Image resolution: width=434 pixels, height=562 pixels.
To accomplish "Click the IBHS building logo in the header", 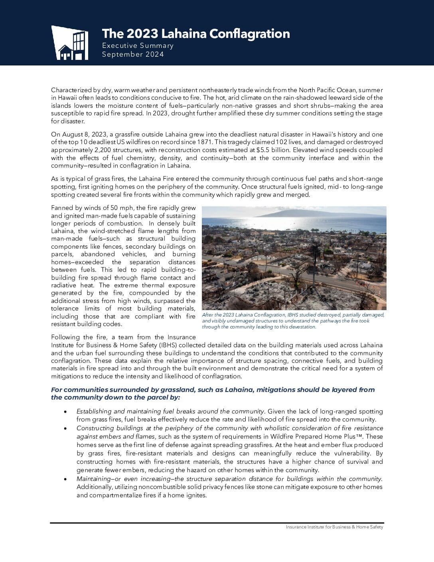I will [x=70, y=43].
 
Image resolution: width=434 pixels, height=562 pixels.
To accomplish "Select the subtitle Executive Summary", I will [x=138, y=46].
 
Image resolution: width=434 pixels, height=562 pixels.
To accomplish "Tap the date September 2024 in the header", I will [x=133, y=54].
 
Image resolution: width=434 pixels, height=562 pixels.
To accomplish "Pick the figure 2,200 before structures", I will [x=105, y=150].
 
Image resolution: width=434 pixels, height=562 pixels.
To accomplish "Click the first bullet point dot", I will [x=65, y=412].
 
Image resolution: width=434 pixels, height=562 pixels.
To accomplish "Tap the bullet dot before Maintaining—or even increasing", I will [x=65, y=479].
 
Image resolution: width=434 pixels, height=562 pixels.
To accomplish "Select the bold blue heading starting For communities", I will [x=213, y=393].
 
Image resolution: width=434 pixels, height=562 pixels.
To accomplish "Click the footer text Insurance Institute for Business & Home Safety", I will [x=334, y=527].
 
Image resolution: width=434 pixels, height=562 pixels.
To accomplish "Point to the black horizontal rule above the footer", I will [x=217, y=522].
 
